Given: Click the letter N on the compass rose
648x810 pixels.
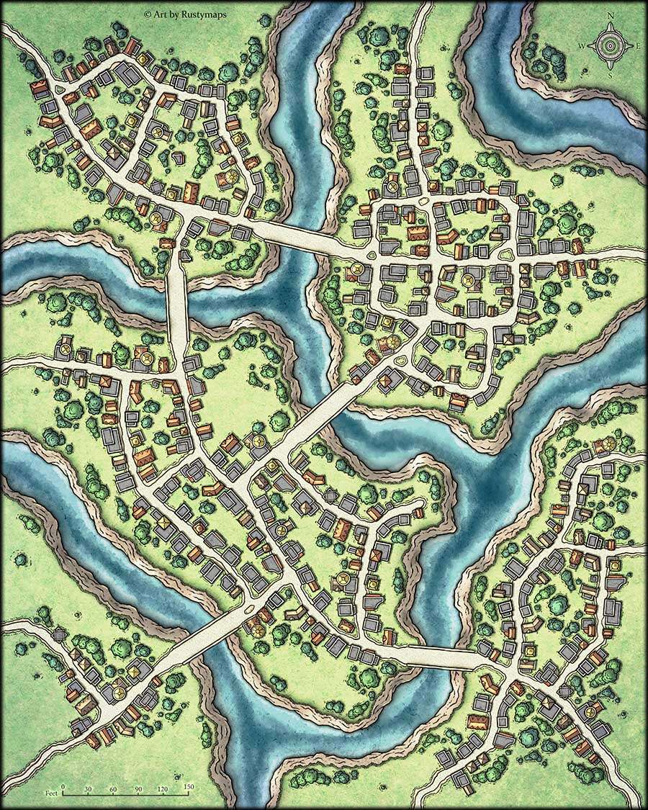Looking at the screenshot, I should (611, 16).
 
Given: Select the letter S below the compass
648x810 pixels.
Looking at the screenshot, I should (611, 74).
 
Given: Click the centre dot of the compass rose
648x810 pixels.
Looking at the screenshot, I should (611, 45).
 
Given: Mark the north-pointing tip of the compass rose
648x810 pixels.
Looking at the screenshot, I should (611, 24).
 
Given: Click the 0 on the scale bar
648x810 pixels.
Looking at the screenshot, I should (63, 787).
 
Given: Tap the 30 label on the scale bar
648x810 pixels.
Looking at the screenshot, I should (88, 787).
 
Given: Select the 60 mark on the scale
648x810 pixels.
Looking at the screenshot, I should (113, 787).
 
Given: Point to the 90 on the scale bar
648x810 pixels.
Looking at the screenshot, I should (138, 787).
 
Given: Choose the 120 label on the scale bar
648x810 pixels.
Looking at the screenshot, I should (163, 787).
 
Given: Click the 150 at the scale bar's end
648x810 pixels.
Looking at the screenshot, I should (188, 787).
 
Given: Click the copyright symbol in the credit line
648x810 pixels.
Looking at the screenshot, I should (148, 14).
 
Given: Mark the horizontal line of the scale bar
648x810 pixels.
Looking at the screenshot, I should (125, 794).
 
